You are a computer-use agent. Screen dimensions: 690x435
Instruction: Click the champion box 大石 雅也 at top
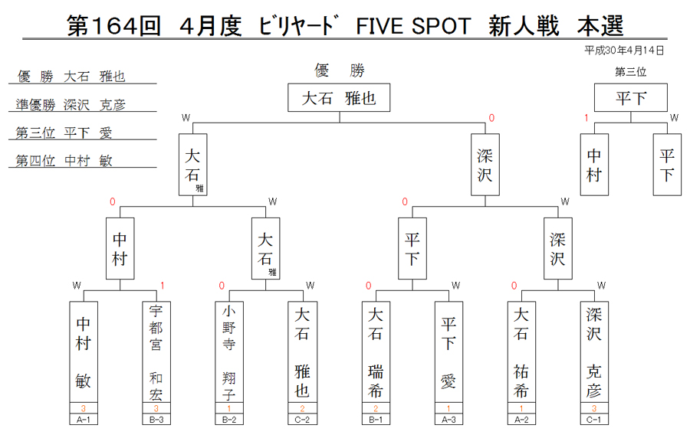[339, 97]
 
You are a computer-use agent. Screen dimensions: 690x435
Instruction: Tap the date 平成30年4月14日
[624, 51]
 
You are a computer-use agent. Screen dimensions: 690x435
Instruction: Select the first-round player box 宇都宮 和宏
[156, 352]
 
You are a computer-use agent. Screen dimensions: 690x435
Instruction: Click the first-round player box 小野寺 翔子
[229, 352]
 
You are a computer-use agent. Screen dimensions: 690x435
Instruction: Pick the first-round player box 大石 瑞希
[376, 352]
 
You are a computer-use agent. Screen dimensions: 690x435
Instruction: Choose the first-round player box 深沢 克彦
[594, 352]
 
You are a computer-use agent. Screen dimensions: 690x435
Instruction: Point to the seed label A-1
[84, 420]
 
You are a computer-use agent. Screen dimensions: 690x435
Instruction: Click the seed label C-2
[302, 420]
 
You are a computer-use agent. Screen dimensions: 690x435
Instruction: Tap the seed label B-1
[376, 420]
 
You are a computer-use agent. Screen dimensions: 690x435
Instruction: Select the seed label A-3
[449, 420]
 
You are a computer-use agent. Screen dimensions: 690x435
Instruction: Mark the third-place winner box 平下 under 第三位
[631, 97]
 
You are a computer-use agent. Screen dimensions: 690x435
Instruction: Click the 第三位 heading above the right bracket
[631, 72]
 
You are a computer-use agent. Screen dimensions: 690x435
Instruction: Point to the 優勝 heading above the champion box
[340, 70]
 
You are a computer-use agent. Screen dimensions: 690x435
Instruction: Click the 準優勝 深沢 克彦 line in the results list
[71, 105]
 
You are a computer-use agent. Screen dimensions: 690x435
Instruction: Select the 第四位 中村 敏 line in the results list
[64, 160]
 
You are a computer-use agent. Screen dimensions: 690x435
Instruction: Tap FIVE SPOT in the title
[413, 26]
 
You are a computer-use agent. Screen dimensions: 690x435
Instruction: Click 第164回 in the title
[113, 25]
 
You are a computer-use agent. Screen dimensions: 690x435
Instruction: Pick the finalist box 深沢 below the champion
[485, 165]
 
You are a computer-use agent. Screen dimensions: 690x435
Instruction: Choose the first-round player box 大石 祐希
[521, 352]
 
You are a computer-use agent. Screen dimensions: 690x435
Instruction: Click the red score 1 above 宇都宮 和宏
[163, 286]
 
